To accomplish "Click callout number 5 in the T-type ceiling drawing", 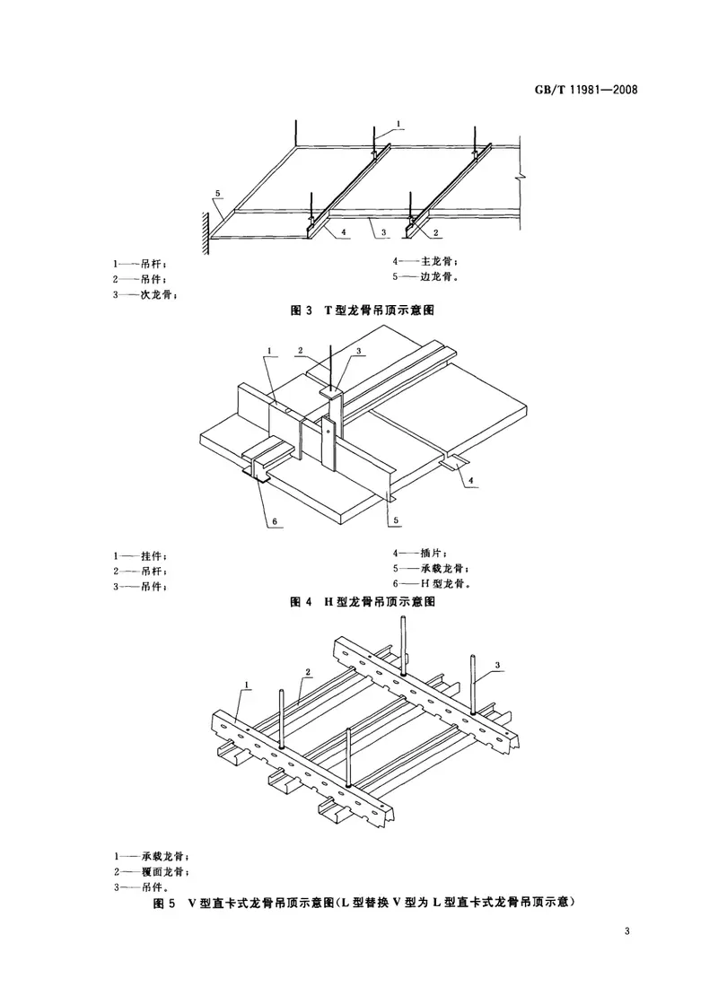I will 217,193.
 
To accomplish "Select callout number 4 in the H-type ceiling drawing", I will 470,482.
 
